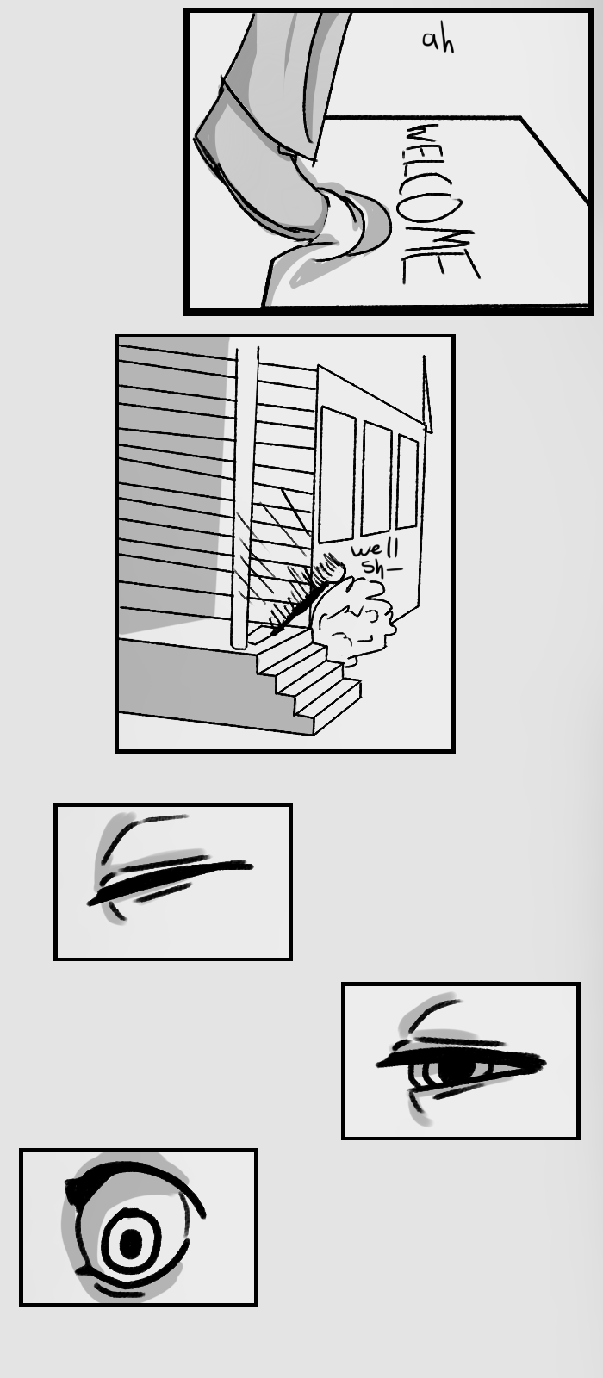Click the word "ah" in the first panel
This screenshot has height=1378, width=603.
438,41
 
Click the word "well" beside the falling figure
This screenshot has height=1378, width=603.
376,548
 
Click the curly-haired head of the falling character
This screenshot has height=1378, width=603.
352,621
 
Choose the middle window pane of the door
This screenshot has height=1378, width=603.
376,478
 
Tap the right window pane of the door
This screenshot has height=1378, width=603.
407,481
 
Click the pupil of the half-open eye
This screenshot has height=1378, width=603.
457,1068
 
